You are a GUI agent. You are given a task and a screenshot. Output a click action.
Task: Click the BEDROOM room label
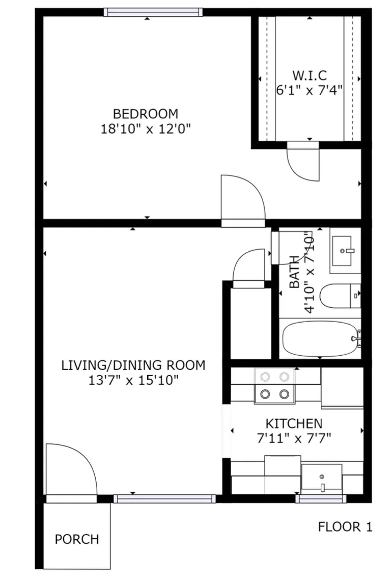tap(146, 113)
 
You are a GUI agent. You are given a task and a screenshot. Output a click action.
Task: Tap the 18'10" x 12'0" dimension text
tap(146, 129)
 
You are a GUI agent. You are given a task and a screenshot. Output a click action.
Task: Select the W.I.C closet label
tap(310, 75)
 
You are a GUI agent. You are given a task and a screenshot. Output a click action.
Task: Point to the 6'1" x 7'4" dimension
tap(310, 90)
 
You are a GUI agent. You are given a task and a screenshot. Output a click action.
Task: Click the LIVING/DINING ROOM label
tap(133, 365)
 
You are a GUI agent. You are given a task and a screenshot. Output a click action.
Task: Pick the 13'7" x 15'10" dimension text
tap(133, 380)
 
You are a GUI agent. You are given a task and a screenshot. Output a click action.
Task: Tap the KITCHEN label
tap(294, 423)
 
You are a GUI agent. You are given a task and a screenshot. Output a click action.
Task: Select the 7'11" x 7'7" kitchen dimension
tap(294, 438)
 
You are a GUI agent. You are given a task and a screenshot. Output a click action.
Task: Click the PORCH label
tap(77, 539)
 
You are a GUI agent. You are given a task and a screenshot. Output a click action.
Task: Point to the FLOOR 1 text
tap(345, 527)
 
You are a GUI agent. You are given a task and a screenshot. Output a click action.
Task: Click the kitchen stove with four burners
tap(274, 385)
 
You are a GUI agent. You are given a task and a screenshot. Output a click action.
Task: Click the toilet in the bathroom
tap(340, 296)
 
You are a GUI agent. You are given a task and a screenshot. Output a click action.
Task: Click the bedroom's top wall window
tap(153, 12)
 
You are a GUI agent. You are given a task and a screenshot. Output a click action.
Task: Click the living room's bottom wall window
tap(164, 499)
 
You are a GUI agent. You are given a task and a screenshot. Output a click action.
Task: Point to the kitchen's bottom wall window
tap(321, 499)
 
